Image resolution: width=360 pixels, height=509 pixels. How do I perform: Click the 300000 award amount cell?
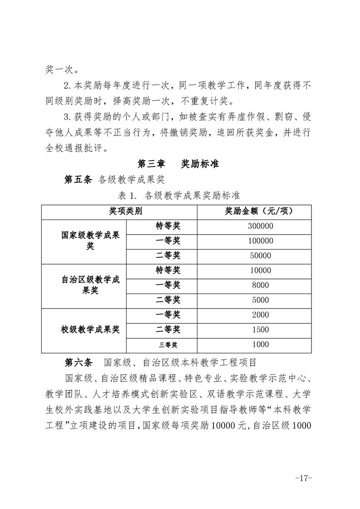[x=261, y=226]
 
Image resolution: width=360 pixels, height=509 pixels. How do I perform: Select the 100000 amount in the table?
[x=261, y=241]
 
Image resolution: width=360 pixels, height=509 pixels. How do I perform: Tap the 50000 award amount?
[x=261, y=256]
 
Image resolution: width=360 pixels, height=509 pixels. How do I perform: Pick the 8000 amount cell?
[x=261, y=285]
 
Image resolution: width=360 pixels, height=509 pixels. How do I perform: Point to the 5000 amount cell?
[x=261, y=300]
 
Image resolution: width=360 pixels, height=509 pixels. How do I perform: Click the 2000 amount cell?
[x=261, y=315]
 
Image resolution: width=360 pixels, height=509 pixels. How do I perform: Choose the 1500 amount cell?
[x=261, y=330]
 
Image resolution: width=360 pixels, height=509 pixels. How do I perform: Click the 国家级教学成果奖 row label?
[x=90, y=240]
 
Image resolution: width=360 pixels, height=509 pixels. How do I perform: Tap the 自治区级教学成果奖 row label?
[x=90, y=285]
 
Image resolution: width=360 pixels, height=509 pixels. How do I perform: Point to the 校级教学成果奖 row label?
[x=90, y=330]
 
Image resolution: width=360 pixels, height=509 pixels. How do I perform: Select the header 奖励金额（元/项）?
[x=261, y=211]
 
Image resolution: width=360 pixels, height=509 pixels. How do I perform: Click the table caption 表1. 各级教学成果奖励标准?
[x=179, y=196]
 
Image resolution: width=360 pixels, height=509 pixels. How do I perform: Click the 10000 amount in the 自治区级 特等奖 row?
[x=261, y=270]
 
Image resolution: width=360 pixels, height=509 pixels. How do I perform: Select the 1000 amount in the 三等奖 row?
[x=261, y=345]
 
